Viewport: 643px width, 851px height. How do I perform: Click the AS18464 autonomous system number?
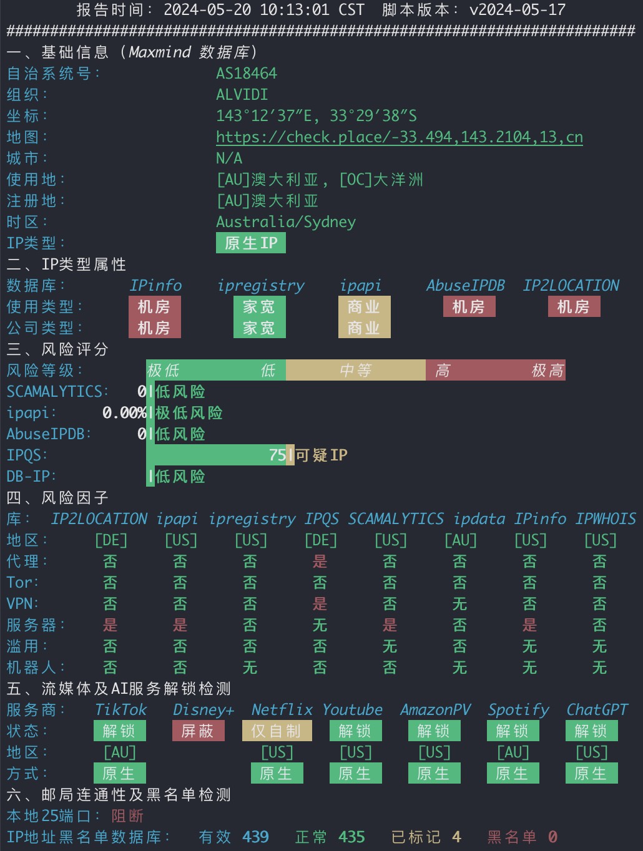[x=247, y=73]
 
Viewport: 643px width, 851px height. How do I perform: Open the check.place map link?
[x=400, y=137]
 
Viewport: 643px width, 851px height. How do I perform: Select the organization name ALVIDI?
[x=242, y=95]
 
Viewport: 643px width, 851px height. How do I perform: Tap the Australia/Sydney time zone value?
[x=286, y=222]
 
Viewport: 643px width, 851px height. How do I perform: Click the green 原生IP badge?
[x=251, y=243]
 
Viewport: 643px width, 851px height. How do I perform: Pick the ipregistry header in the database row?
[x=261, y=286]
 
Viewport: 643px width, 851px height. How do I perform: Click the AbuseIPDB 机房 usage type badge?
[x=469, y=307]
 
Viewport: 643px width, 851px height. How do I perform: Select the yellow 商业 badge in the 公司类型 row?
[x=364, y=328]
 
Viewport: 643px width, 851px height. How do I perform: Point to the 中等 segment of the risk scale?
[x=356, y=370]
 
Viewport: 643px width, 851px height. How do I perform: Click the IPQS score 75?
[x=277, y=455]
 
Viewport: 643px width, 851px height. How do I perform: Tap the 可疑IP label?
[x=321, y=455]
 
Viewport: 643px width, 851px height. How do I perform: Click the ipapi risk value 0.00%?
[x=124, y=413]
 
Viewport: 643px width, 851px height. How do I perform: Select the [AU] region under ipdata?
[x=461, y=540]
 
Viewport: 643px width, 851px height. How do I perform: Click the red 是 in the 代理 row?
[x=320, y=562]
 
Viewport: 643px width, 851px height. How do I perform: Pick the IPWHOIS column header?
[x=606, y=518]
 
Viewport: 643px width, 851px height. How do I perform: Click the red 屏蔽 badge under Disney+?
[x=198, y=731]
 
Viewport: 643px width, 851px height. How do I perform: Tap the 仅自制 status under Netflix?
[x=277, y=731]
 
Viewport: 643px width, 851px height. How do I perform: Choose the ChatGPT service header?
[x=597, y=710]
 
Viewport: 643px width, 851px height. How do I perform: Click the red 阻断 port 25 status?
[x=127, y=815]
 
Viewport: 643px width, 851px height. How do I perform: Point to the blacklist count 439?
[x=255, y=837]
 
